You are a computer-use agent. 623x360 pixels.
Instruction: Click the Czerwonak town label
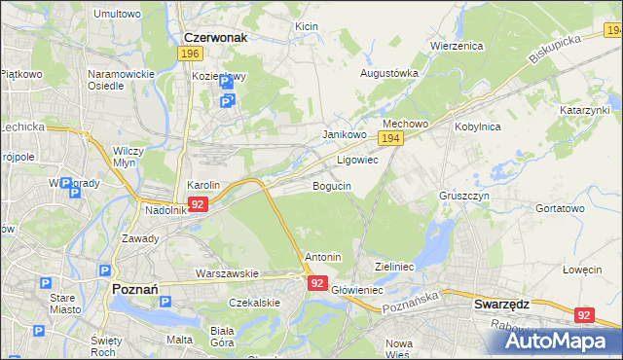pyautogui.click(x=216, y=37)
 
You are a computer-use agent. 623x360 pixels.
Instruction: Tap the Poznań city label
pyautogui.click(x=129, y=289)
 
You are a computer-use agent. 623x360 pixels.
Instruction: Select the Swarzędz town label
pyautogui.click(x=501, y=304)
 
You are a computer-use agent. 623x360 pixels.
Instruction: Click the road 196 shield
pyautogui.click(x=191, y=54)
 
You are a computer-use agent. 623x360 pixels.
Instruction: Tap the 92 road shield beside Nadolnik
pyautogui.click(x=198, y=204)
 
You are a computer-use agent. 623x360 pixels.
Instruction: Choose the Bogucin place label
pyautogui.click(x=332, y=185)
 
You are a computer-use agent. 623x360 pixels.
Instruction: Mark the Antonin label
pyautogui.click(x=323, y=257)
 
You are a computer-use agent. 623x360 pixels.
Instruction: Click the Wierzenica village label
pyautogui.click(x=457, y=45)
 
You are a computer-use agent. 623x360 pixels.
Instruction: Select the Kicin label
pyautogui.click(x=307, y=26)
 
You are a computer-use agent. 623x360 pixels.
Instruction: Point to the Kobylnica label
pyautogui.click(x=477, y=126)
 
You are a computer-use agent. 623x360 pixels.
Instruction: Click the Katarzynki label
pyautogui.click(x=584, y=111)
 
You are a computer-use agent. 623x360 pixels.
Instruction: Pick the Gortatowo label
pyautogui.click(x=561, y=208)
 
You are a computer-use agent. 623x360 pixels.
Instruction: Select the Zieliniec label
pyautogui.click(x=395, y=266)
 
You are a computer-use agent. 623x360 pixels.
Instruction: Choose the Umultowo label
pyautogui.click(x=116, y=15)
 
